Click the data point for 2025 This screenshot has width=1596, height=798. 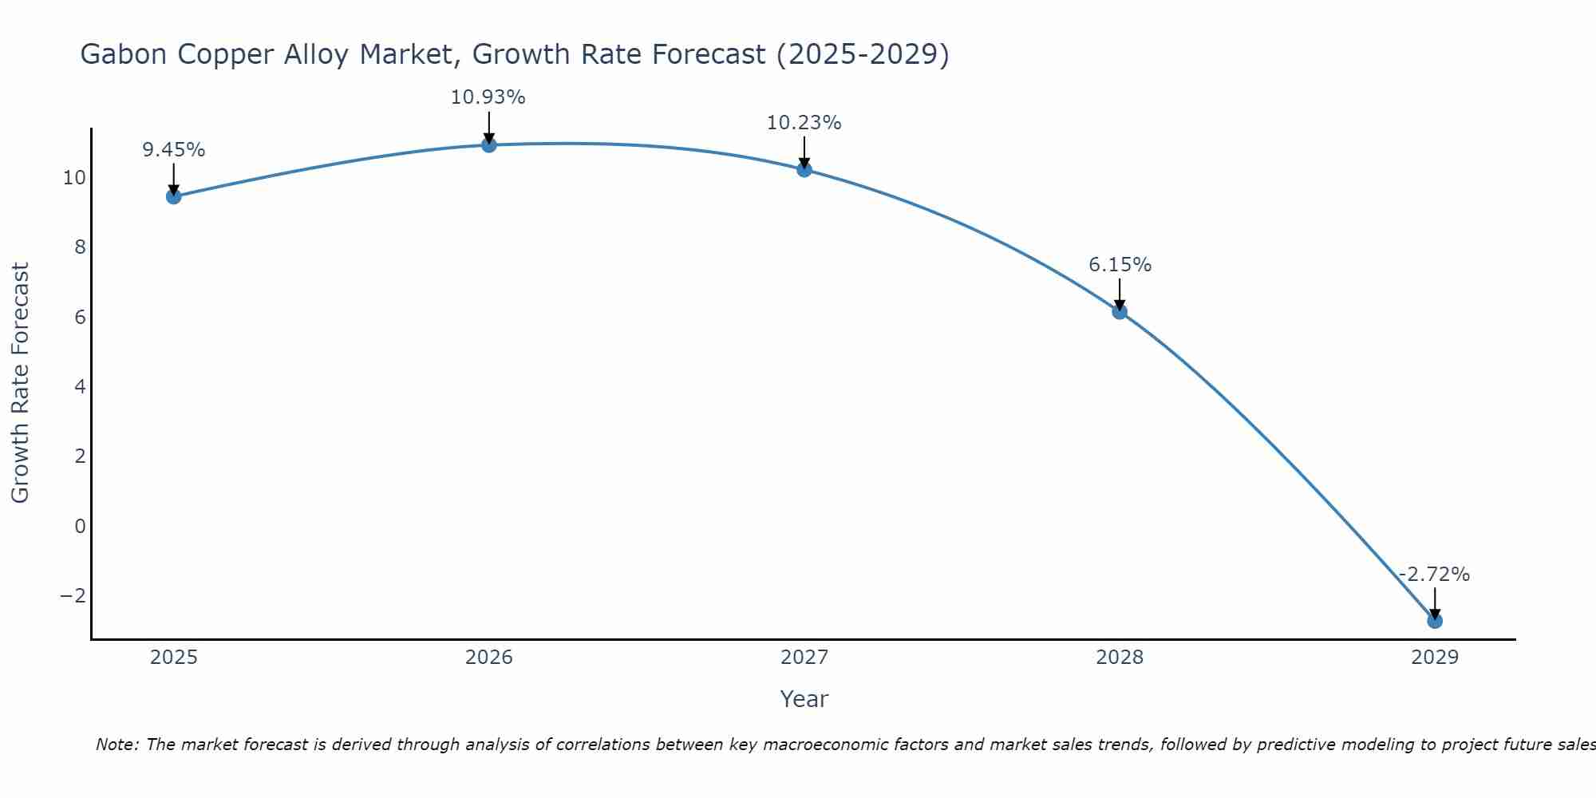tap(173, 196)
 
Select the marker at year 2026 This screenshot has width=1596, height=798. tap(489, 144)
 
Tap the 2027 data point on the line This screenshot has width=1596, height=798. tap(804, 169)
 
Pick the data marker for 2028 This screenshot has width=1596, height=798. tap(1120, 311)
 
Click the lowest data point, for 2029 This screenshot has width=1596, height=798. tap(1435, 621)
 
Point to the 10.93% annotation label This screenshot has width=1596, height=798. tap(488, 97)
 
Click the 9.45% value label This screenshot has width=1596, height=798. tap(173, 150)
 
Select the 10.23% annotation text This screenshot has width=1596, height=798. tap(804, 123)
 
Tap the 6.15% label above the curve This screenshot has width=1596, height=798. tap(1120, 265)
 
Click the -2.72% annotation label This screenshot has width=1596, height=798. tap(1434, 575)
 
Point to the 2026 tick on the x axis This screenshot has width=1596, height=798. tap(489, 658)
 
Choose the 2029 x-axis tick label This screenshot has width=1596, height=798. tap(1435, 658)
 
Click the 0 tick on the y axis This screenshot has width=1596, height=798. tap(80, 526)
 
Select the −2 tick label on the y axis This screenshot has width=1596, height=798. tap(73, 596)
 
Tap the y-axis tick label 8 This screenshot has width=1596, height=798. tap(80, 247)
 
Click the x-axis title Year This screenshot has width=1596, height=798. tap(804, 699)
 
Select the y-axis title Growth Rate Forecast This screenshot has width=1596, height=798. tap(20, 383)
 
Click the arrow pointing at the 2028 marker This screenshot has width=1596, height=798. tap(1120, 294)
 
